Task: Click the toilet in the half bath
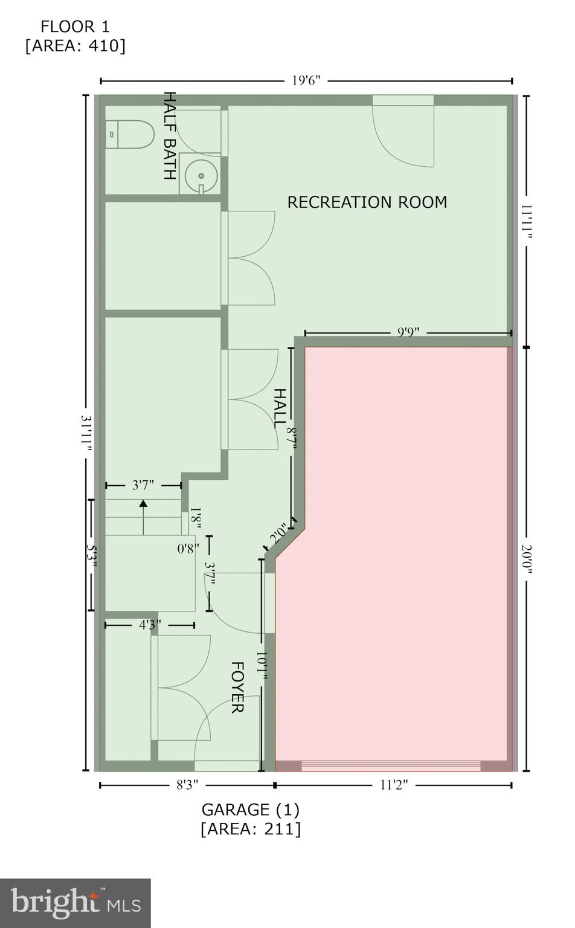point(129,134)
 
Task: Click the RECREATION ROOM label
point(367,202)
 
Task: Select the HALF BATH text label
point(170,136)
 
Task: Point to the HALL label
point(280,408)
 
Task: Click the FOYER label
point(237,687)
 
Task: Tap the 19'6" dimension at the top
point(306,80)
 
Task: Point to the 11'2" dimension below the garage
point(394,785)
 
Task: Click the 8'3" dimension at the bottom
point(187,785)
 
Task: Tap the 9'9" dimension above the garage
point(408,332)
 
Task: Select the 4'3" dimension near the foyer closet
point(150,625)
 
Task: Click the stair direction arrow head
point(143,503)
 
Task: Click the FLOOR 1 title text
point(75,27)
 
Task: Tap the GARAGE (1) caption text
point(250,809)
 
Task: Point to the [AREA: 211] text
point(250,828)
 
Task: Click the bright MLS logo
point(75,903)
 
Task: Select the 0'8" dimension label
point(188,549)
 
